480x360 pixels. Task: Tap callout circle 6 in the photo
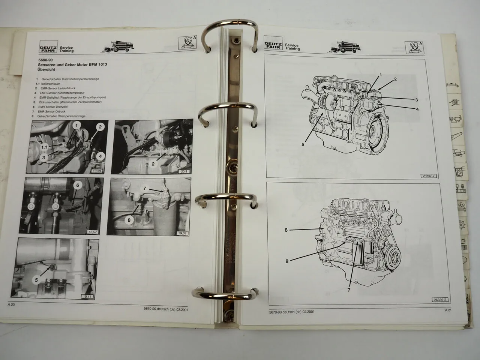coord(77,185)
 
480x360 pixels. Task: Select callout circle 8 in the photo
coord(129,220)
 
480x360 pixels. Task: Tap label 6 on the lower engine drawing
coord(286,230)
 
